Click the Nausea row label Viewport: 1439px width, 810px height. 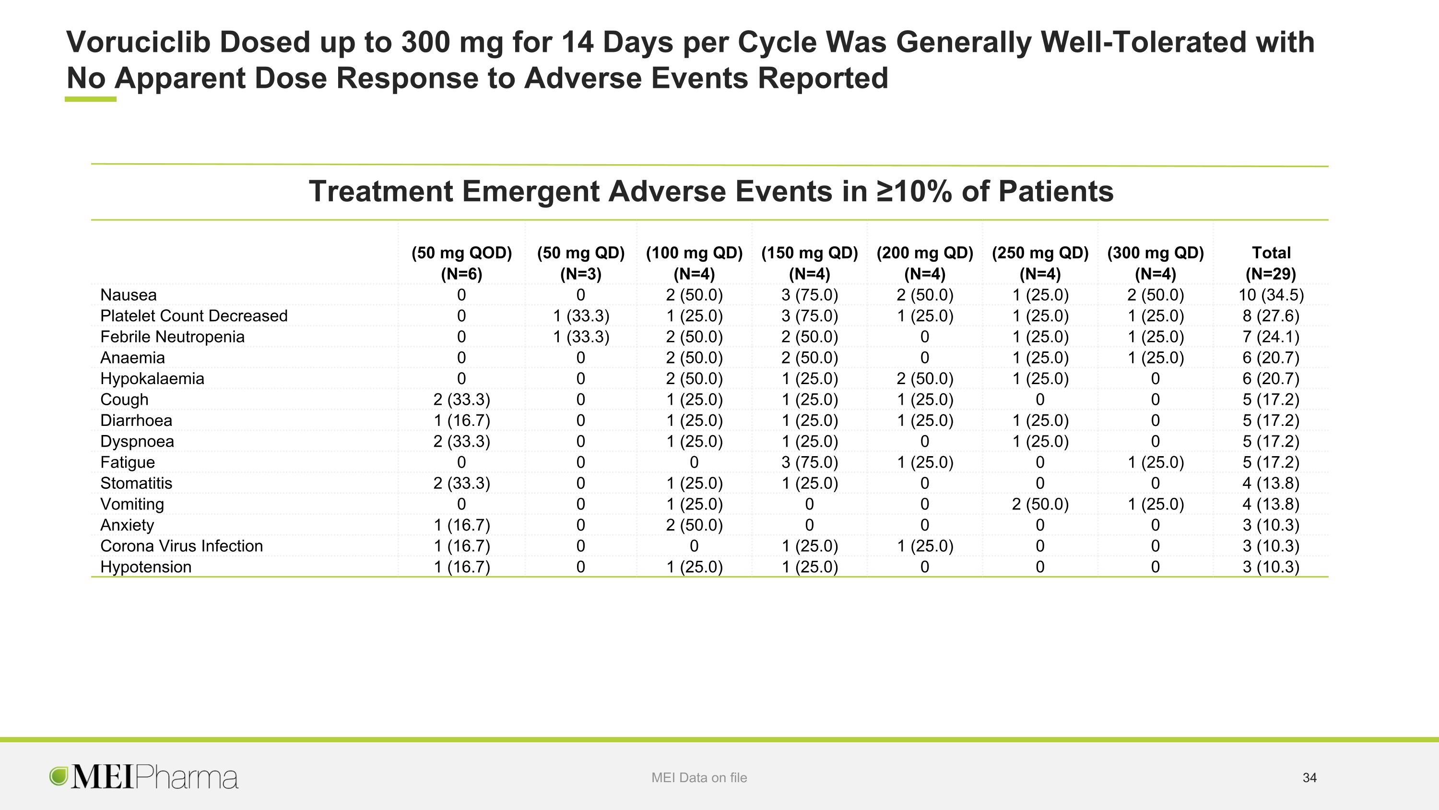click(x=129, y=295)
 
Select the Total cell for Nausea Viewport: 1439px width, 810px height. click(x=1271, y=295)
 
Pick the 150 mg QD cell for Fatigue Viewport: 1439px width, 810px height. click(x=810, y=462)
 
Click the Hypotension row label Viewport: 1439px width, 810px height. click(x=146, y=567)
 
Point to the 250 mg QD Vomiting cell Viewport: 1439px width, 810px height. click(x=1040, y=504)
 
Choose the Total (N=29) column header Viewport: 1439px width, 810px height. click(x=1271, y=263)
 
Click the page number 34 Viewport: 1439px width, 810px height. click(x=1309, y=777)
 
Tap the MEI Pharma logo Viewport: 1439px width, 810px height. click(x=144, y=777)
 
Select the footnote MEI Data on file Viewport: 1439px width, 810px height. click(x=699, y=777)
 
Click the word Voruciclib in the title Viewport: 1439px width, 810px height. click(x=139, y=42)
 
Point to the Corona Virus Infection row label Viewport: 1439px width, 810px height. click(x=181, y=545)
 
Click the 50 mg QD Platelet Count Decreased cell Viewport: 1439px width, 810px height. click(x=581, y=316)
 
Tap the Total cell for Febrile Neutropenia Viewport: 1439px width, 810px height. click(x=1271, y=337)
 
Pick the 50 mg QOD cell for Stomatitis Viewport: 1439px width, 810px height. click(x=461, y=483)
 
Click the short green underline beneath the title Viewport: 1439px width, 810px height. click(x=91, y=99)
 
